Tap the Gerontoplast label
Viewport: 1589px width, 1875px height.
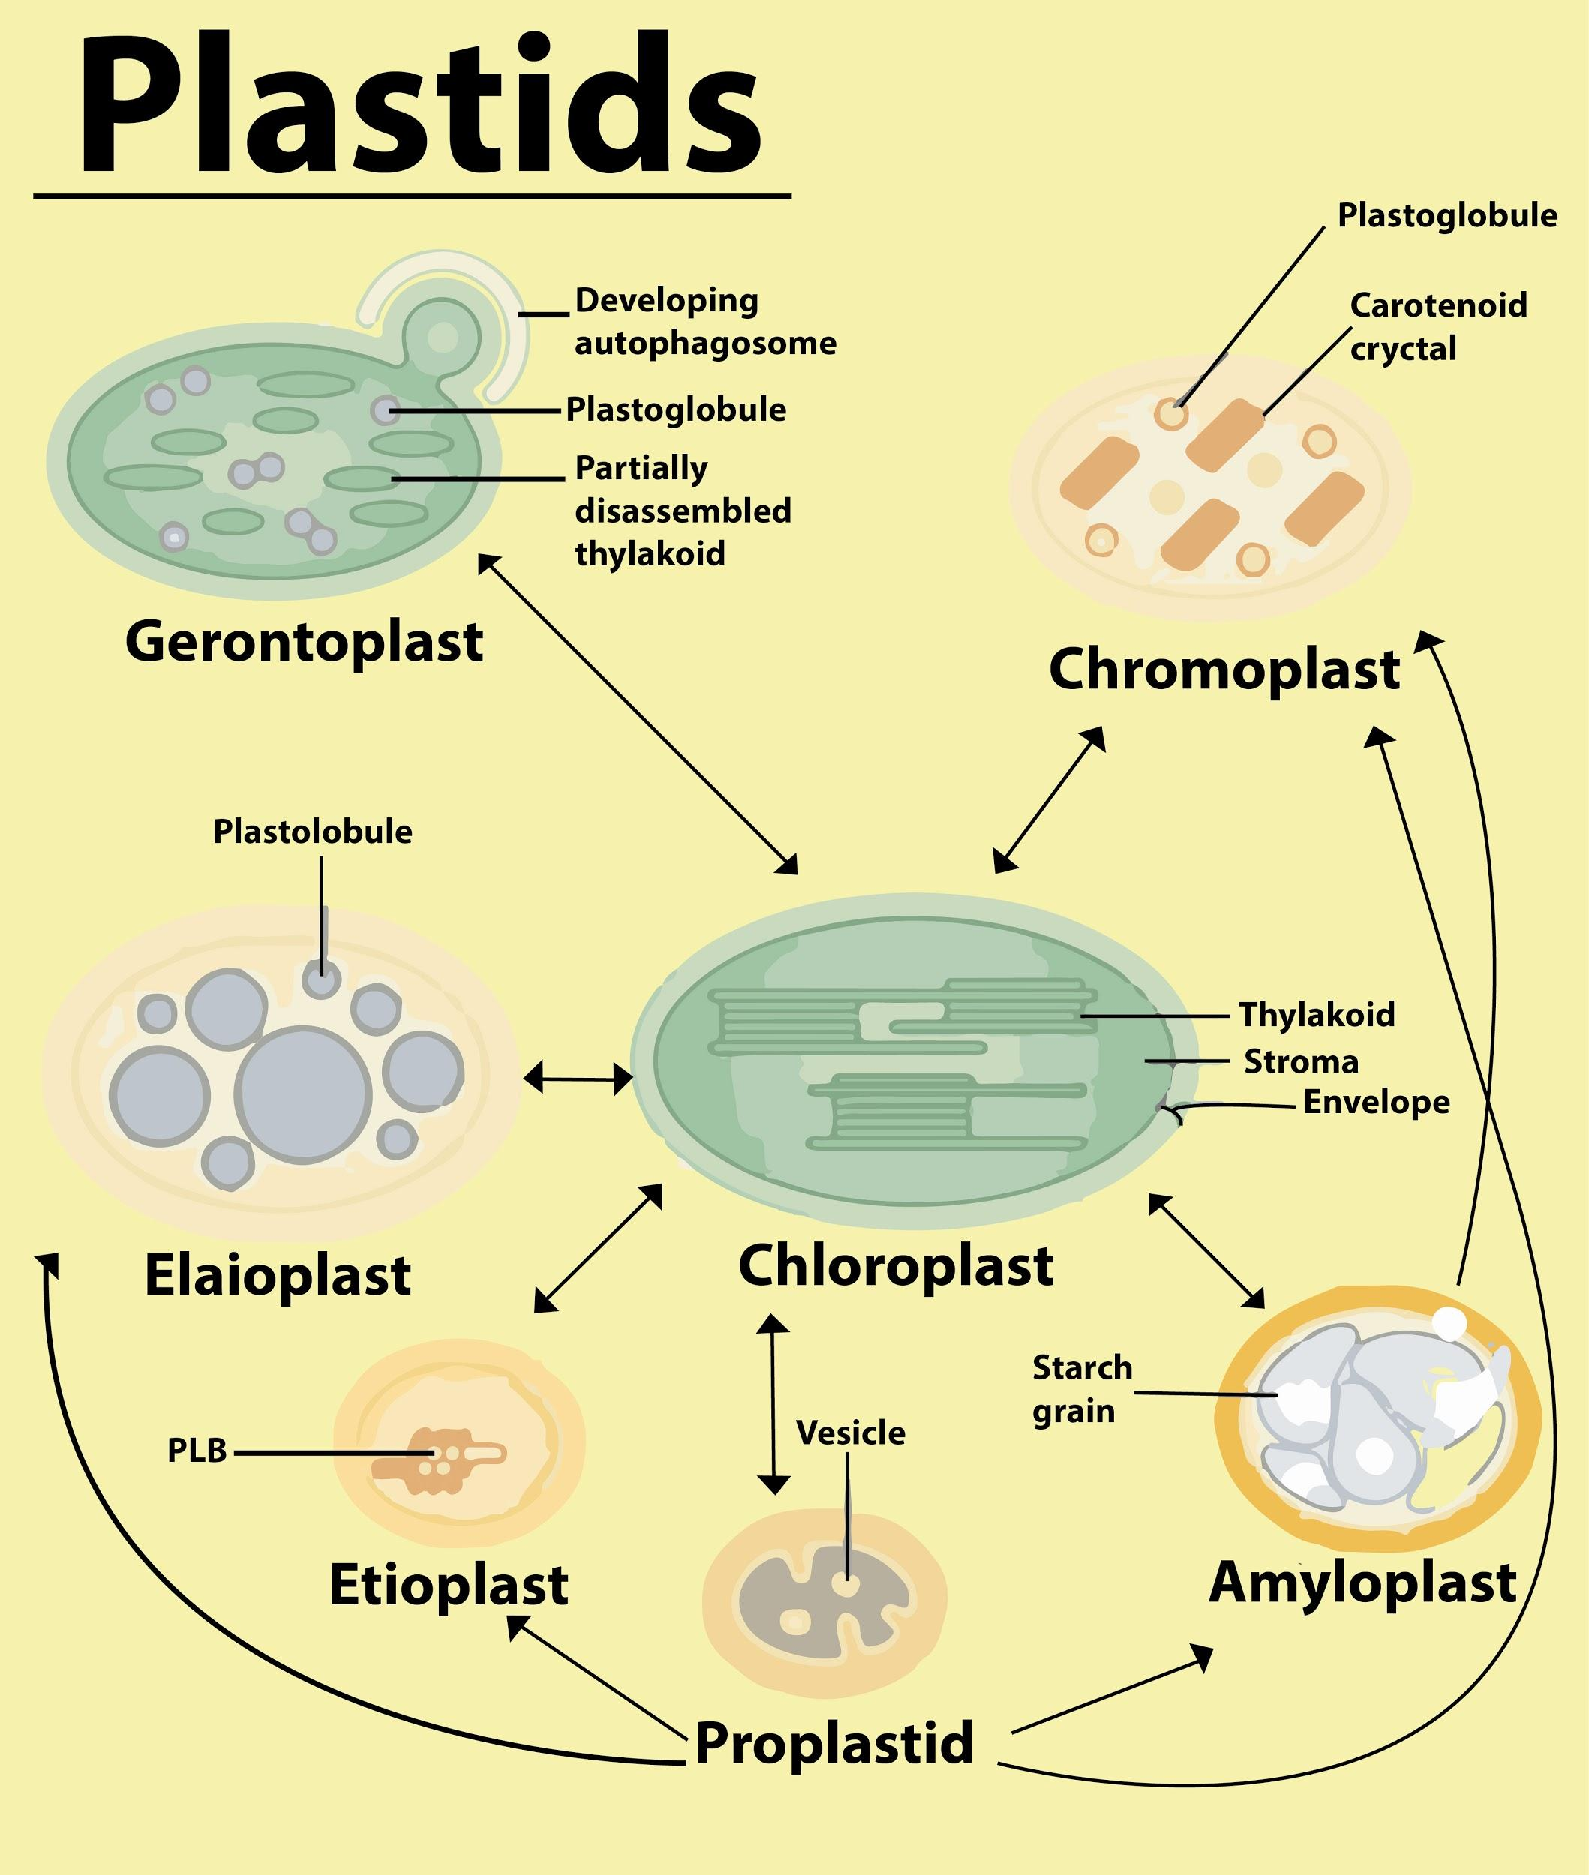(x=304, y=643)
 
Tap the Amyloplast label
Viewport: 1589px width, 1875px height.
(x=1362, y=1584)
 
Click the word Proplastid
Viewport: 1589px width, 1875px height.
(x=834, y=1742)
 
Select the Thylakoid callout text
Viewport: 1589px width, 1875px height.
(x=1316, y=1015)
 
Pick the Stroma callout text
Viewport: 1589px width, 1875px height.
(x=1301, y=1062)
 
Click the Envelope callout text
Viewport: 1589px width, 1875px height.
(x=1377, y=1102)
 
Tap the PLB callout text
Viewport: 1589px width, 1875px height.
(x=197, y=1450)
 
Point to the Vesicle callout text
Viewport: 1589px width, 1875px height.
(x=850, y=1432)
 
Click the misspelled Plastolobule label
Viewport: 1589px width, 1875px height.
(x=313, y=832)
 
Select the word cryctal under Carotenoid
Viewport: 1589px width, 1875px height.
(x=1402, y=349)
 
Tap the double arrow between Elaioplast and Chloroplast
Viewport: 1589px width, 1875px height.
(x=578, y=1076)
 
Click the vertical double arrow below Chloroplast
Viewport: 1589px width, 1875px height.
(x=773, y=1404)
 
